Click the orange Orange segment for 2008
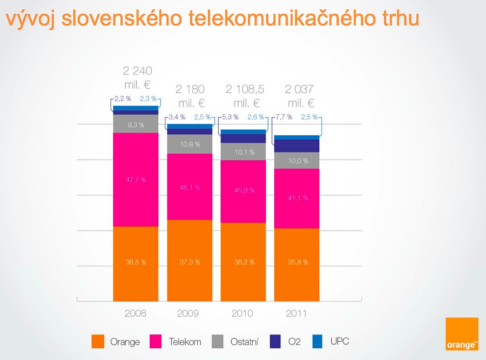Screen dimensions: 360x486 tap(136, 263)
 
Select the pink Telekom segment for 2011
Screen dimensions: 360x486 tap(297, 198)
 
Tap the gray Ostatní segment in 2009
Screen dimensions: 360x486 tap(190, 144)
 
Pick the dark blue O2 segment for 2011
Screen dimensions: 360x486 tap(297, 145)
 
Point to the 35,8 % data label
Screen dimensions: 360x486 tap(298, 262)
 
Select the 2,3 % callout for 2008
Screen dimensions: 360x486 tap(148, 99)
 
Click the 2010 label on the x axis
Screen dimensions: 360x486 tap(243, 313)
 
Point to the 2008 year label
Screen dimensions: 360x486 tap(136, 313)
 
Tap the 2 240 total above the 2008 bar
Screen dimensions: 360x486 tap(137, 70)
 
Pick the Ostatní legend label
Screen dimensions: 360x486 tap(244, 342)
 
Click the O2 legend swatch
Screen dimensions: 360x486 tap(276, 341)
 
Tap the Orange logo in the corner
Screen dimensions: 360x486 tap(462, 334)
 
